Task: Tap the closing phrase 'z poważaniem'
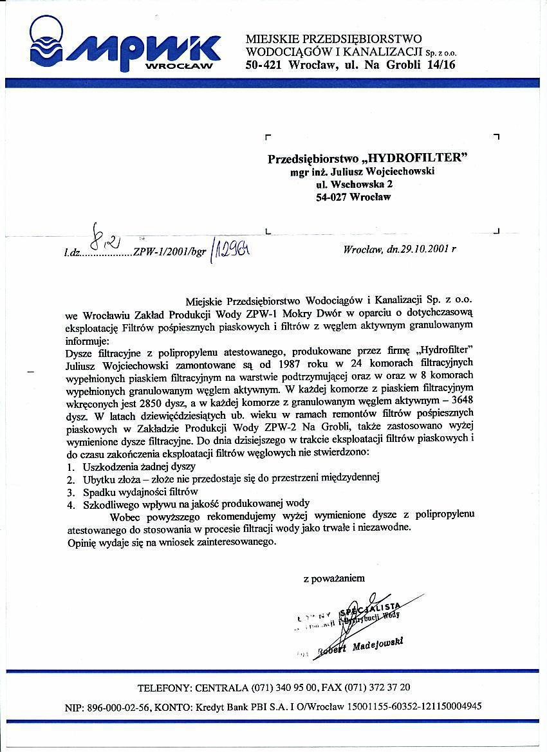click(x=333, y=578)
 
